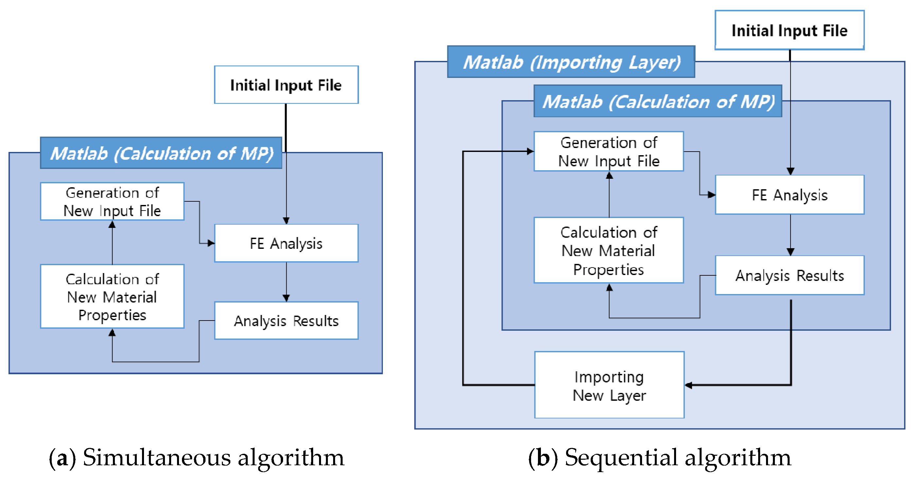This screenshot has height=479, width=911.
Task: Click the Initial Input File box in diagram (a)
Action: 286,85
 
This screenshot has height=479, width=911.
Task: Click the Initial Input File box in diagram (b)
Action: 789,30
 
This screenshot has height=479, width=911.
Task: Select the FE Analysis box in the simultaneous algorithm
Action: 286,243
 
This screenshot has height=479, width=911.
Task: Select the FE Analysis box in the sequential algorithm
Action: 789,195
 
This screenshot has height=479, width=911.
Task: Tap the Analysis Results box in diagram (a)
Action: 286,321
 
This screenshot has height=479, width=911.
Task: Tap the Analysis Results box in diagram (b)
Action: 789,276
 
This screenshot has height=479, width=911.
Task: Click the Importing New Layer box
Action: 609,385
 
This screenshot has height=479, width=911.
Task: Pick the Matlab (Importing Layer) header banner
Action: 571,62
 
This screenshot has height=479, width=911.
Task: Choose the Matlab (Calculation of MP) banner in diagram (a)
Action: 161,153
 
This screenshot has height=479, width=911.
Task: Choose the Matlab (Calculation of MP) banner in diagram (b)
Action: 658,101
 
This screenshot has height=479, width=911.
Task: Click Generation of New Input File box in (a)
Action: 112,202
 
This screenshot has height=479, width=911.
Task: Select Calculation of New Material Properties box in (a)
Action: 112,296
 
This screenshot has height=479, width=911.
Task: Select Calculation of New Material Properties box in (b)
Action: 609,250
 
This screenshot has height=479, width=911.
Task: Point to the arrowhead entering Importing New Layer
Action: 688,385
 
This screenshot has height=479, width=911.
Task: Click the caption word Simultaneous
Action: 157,457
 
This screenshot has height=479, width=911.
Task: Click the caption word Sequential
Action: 621,457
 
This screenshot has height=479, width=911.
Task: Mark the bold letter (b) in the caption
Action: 543,458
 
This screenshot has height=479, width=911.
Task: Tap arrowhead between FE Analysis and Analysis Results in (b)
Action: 790,252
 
